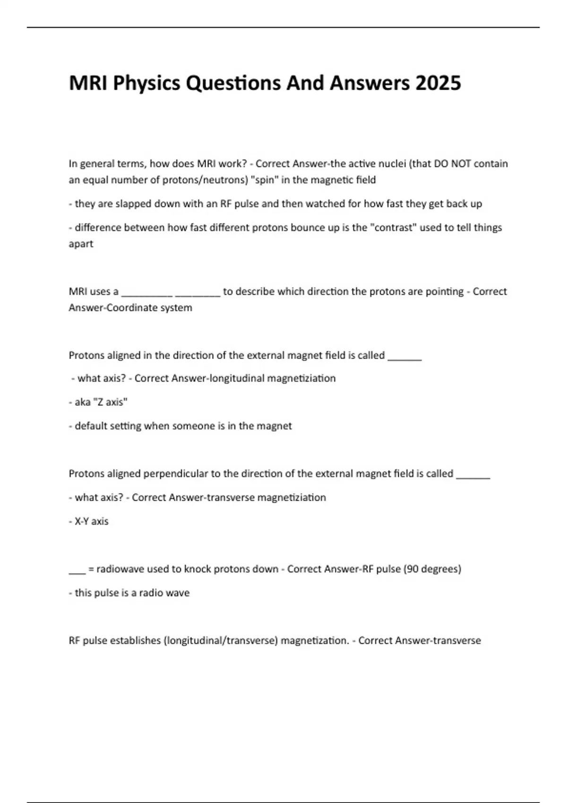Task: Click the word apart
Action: point(81,244)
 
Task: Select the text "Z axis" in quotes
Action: point(109,402)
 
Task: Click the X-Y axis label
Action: point(92,521)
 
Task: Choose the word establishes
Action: point(122,641)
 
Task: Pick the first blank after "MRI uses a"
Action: point(147,294)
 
